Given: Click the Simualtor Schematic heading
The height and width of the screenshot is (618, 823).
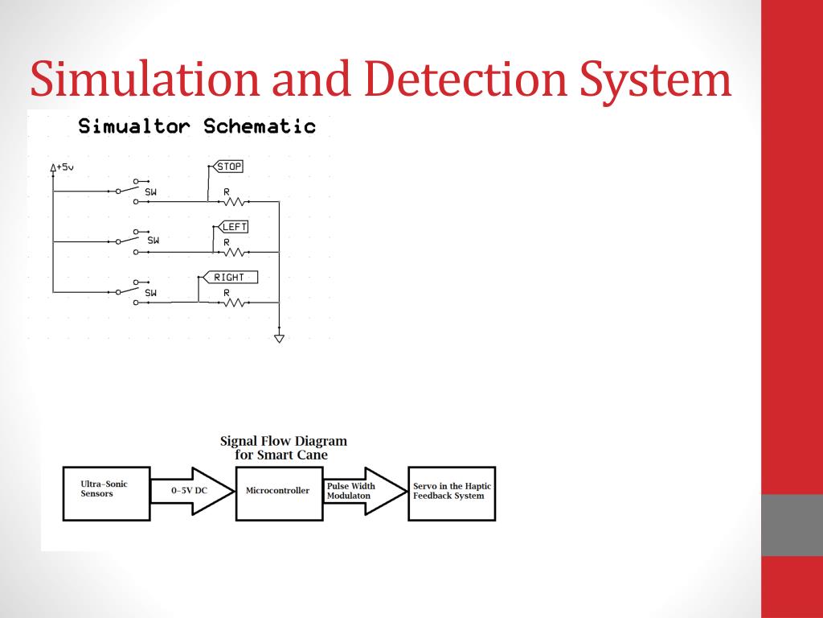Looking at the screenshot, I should tap(197, 126).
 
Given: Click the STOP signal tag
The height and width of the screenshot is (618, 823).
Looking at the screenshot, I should tap(229, 167).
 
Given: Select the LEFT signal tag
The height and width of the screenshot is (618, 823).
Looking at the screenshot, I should tap(233, 227).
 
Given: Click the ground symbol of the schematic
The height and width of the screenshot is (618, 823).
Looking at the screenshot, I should tap(279, 338).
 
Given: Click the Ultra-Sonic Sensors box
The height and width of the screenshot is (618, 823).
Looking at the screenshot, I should tap(106, 493).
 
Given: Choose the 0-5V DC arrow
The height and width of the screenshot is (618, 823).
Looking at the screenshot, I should tap(191, 490).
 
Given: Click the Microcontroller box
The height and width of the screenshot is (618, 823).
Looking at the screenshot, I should tap(277, 491).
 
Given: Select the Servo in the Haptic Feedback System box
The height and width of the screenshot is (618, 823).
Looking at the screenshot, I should tap(452, 492).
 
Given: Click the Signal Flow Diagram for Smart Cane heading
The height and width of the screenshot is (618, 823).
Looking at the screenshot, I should tap(283, 447).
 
